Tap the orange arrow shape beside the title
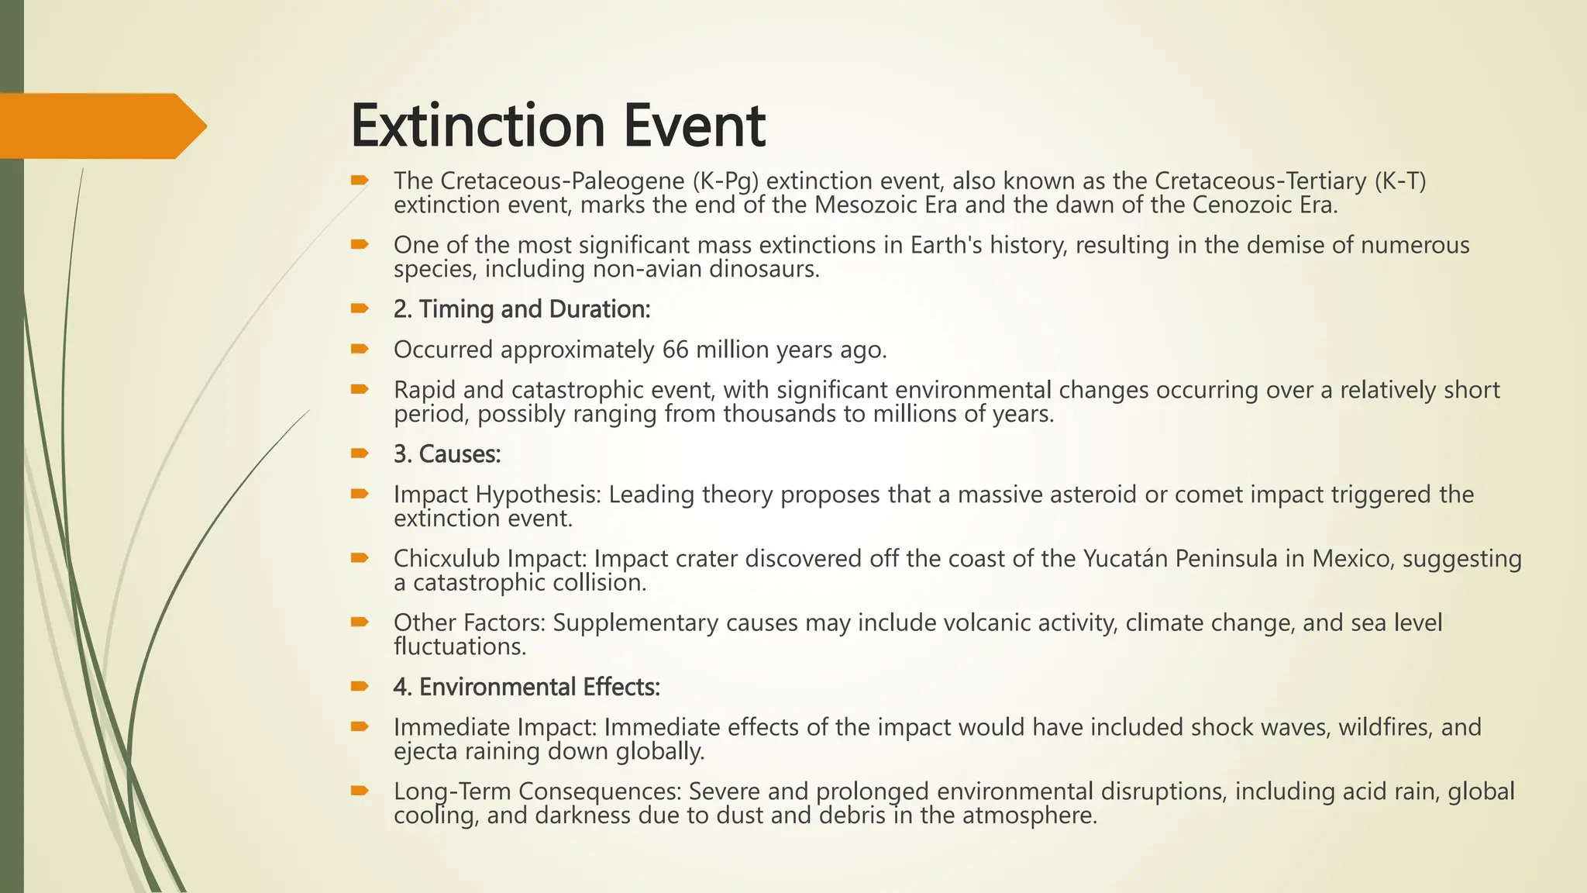click(101, 126)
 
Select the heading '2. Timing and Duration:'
click(522, 309)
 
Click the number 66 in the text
click(675, 350)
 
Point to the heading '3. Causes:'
click(447, 454)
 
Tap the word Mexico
click(1354, 558)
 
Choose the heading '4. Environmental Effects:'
click(526, 688)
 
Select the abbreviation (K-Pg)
click(725, 181)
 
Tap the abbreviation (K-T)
click(1400, 181)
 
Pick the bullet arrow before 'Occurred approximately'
click(359, 349)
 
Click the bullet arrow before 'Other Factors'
click(359, 622)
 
